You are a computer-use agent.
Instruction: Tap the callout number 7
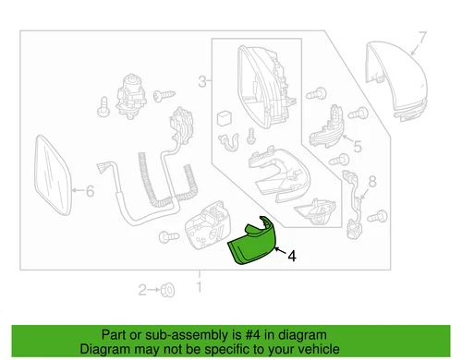(x=424, y=38)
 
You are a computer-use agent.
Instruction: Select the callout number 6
(x=89, y=193)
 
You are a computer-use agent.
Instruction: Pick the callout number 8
(x=373, y=181)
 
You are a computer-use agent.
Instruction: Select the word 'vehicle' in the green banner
(x=330, y=350)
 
